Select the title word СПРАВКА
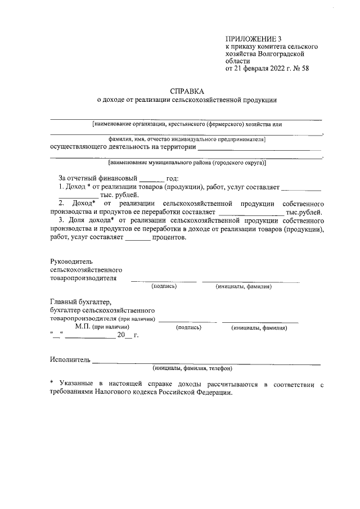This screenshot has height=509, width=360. point(186,91)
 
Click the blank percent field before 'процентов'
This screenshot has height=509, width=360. point(137,238)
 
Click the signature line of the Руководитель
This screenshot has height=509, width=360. point(164,280)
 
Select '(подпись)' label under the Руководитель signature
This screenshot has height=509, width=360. point(164,286)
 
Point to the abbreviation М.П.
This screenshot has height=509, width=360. point(84,327)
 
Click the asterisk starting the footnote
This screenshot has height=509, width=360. point(52,384)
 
